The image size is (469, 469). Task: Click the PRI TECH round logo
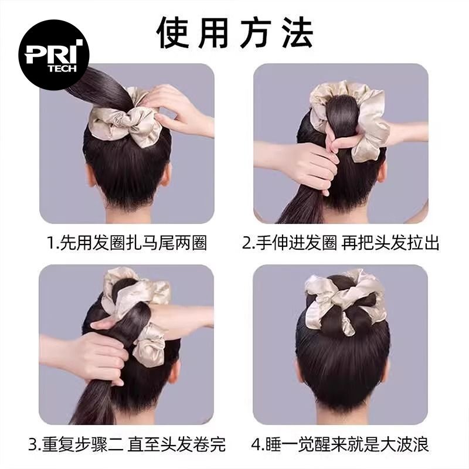(x=54, y=55)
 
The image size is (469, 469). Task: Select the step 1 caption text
(x=127, y=243)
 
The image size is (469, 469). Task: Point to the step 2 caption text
(x=341, y=243)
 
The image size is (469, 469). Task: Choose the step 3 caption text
(x=127, y=444)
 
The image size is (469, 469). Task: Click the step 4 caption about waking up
(x=340, y=444)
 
